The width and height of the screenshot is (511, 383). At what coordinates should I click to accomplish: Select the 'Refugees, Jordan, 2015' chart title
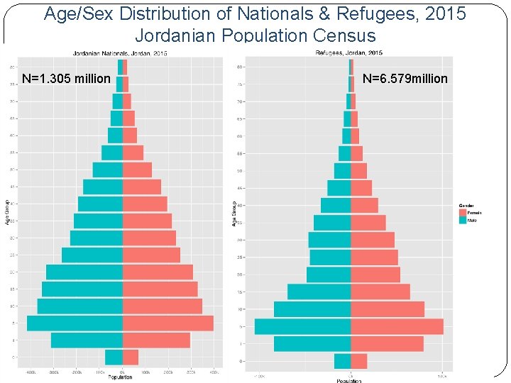coord(348,52)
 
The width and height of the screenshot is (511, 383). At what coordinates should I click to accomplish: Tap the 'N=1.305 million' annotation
coord(66,79)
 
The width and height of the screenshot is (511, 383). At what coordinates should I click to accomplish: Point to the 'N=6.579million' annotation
coord(405,79)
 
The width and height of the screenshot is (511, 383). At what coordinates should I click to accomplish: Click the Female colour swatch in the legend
coord(462,213)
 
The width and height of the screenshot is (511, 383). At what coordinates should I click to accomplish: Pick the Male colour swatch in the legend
coord(462,221)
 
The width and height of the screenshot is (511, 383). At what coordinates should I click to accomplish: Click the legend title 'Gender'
coord(466,206)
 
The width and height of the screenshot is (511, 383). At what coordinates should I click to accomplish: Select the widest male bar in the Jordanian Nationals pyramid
coord(75,323)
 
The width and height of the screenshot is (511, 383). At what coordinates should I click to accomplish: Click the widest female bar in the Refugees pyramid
coord(397,326)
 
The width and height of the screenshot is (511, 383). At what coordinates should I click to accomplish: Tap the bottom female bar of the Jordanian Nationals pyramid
coord(131,357)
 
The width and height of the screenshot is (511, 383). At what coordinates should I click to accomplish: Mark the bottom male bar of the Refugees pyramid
coord(343,361)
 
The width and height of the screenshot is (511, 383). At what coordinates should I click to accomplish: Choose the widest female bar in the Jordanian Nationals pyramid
coord(168,323)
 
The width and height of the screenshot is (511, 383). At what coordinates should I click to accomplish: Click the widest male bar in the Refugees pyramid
coord(303,326)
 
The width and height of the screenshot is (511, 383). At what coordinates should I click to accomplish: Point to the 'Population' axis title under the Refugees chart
coord(349,381)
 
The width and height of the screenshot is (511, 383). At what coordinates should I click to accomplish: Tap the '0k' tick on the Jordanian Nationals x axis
coord(123,372)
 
